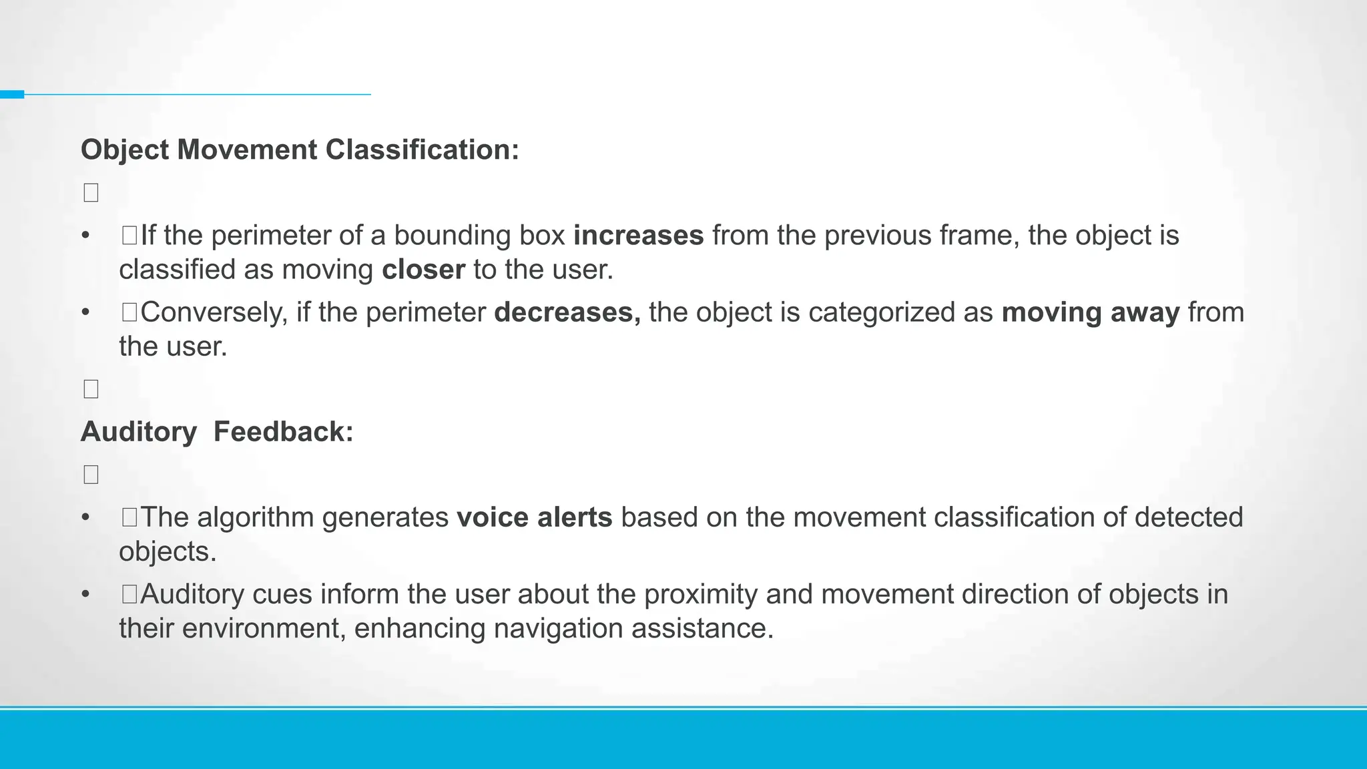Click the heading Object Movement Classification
[300, 150]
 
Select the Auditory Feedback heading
[217, 432]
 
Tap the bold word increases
[638, 236]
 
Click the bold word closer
[423, 270]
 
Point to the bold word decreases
[567, 312]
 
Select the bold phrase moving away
[1091, 312]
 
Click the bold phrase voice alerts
[534, 517]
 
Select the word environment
[263, 628]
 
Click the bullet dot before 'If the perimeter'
[85, 236]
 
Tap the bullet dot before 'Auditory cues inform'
[85, 594]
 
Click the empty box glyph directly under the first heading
[91, 193]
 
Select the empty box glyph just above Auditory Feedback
[91, 389]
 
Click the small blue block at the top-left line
[12, 94]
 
